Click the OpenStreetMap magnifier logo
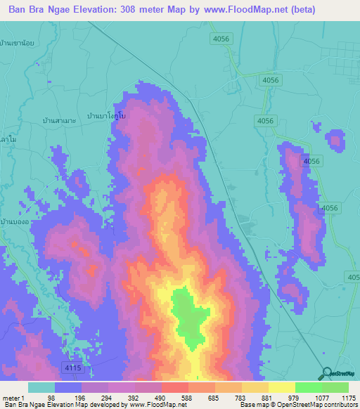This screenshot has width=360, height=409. tap(326, 374)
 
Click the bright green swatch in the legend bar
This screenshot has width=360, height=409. tap(308, 387)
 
